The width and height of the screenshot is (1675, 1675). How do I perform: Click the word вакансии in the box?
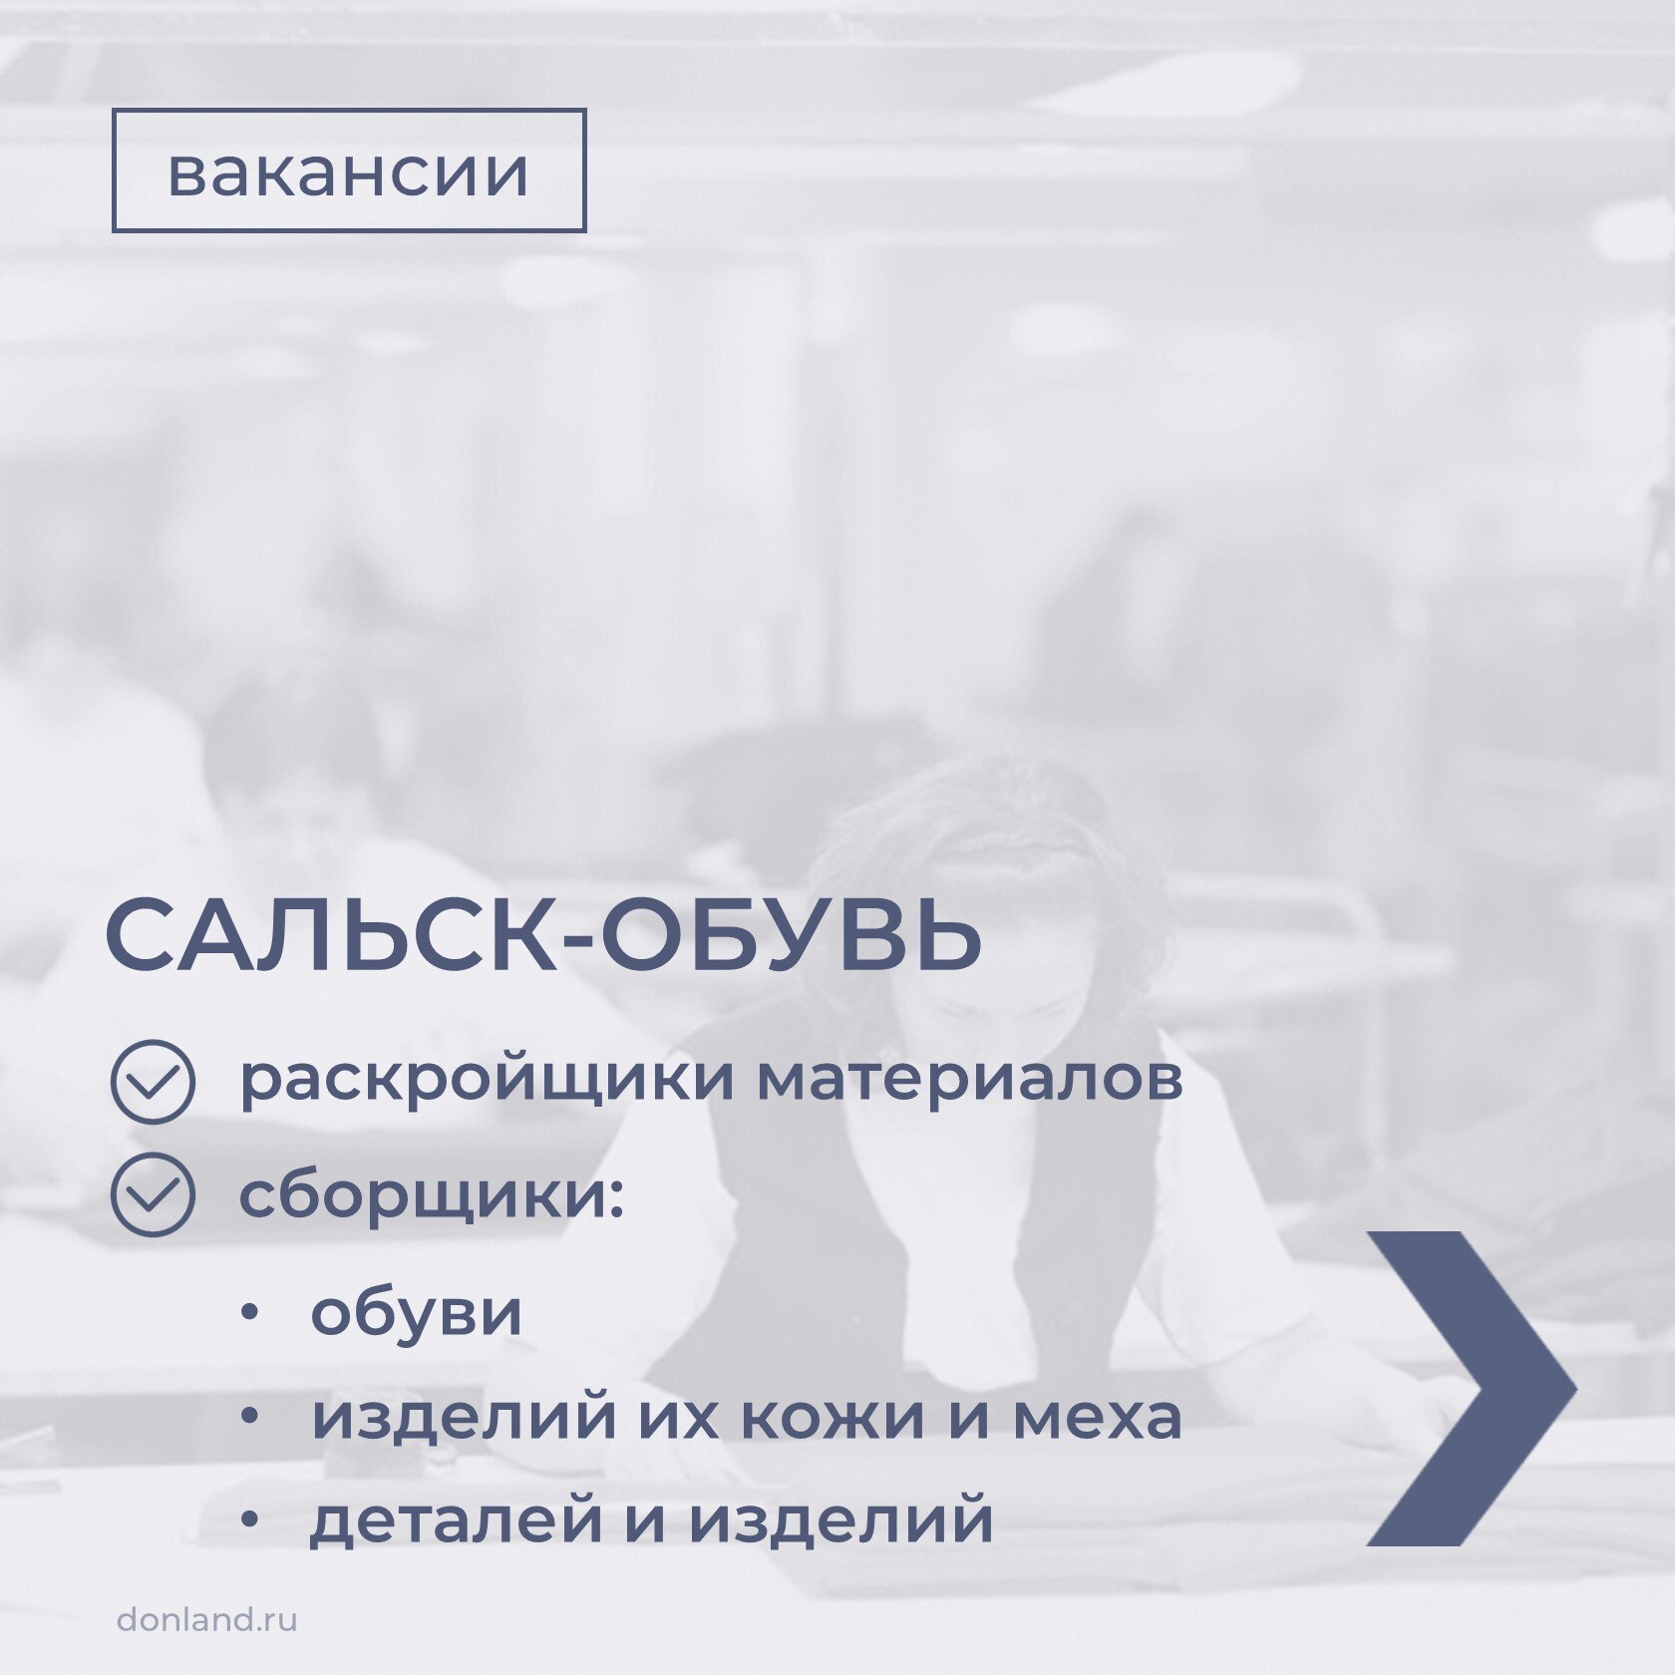[x=348, y=172]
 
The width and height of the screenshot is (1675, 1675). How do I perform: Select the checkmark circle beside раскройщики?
[x=153, y=1082]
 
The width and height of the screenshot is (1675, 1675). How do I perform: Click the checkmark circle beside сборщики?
[x=153, y=1194]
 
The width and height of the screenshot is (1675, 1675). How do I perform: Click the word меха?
[x=1098, y=1417]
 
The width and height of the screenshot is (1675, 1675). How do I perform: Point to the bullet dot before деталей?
[x=249, y=1520]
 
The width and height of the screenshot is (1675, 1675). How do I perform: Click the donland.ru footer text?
[x=207, y=1618]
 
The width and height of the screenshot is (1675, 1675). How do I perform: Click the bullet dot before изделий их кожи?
[x=249, y=1417]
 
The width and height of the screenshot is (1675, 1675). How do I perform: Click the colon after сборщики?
[x=614, y=1195]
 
